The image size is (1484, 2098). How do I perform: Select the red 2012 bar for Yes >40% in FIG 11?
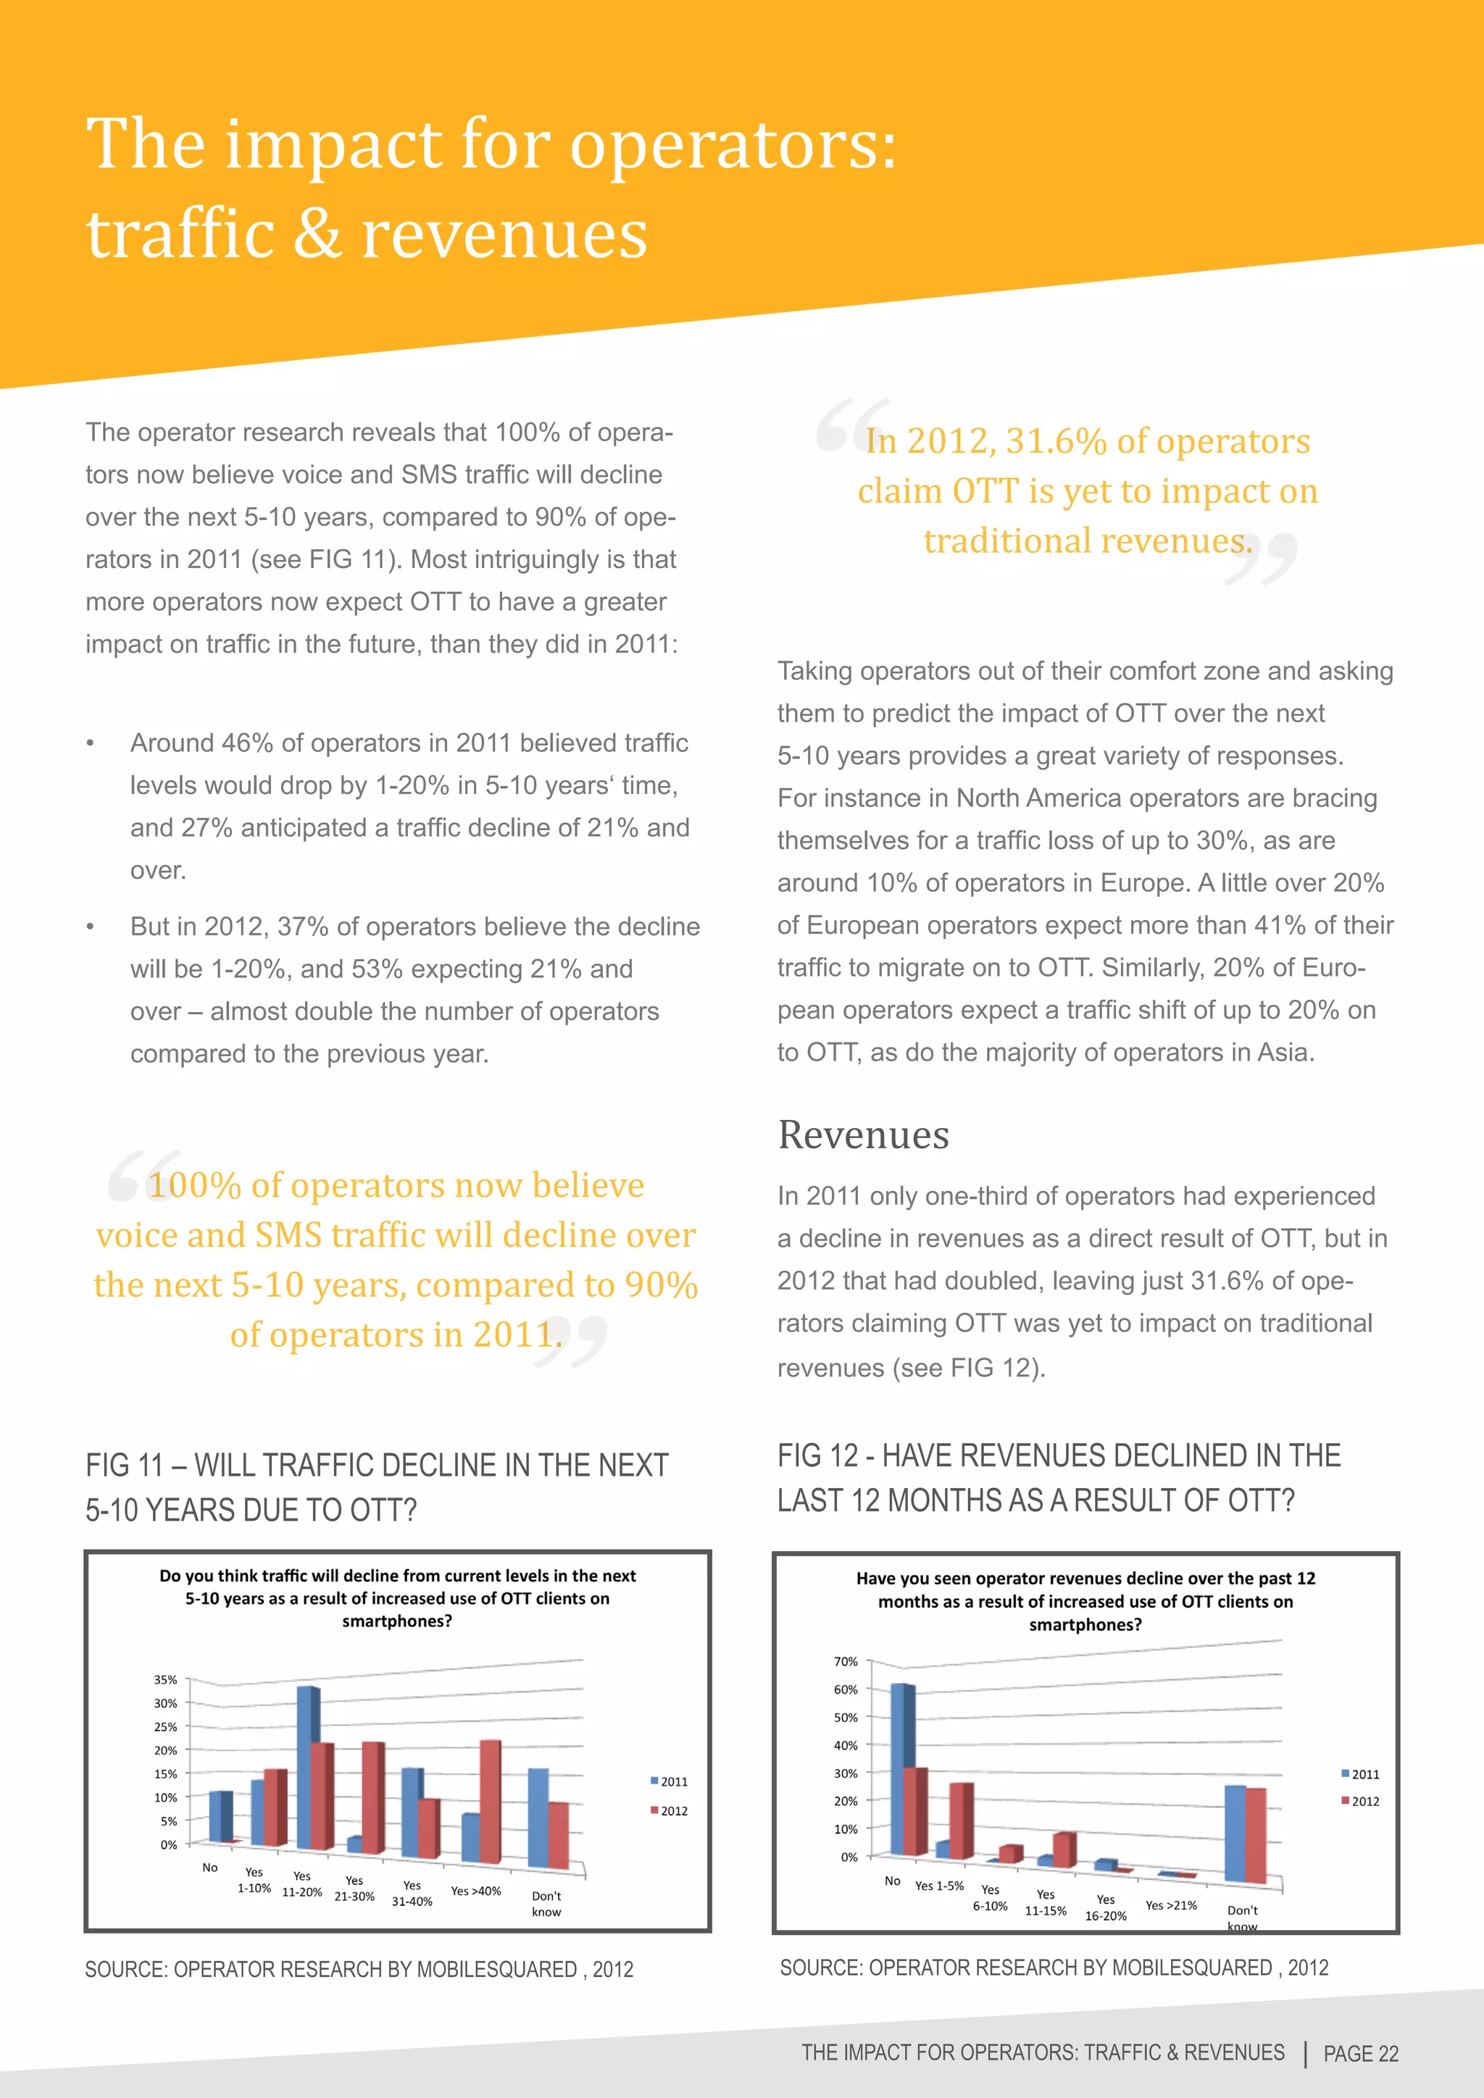pyautogui.click(x=490, y=1801)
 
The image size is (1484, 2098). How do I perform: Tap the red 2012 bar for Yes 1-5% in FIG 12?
pyautogui.click(x=960, y=1821)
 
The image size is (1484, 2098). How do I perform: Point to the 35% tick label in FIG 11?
pyautogui.click(x=165, y=1679)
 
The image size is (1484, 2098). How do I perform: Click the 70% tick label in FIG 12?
pyautogui.click(x=846, y=1661)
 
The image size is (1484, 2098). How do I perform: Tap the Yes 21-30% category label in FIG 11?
pyautogui.click(x=354, y=1888)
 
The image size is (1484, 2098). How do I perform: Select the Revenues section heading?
pyautogui.click(x=862, y=1135)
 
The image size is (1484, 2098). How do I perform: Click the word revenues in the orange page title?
pyautogui.click(x=504, y=235)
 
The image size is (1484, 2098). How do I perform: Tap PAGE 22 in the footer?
pyautogui.click(x=1361, y=2053)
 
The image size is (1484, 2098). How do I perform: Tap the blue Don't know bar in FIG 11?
pyautogui.click(x=538, y=1818)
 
